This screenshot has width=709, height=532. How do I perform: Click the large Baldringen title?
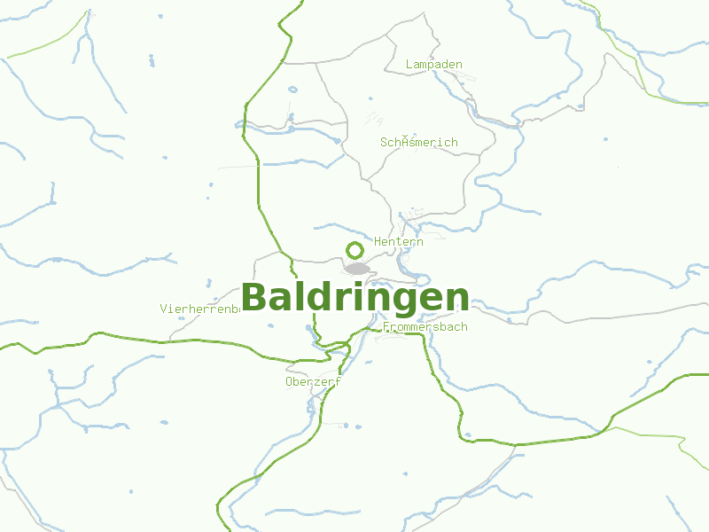(354, 298)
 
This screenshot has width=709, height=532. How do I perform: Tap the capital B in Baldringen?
(254, 298)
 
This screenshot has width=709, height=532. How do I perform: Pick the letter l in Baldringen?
(292, 296)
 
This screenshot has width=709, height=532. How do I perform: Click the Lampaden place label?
(433, 65)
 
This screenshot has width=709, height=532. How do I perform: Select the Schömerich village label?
(418, 142)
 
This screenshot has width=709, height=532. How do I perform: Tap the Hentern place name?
(399, 241)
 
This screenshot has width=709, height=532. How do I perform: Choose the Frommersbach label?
(425, 327)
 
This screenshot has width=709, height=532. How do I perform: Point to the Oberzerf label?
(313, 382)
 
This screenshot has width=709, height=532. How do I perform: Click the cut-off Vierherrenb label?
(201, 309)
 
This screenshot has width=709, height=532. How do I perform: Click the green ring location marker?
(354, 250)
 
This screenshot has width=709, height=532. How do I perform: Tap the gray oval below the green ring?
(357, 268)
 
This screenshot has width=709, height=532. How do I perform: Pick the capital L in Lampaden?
(409, 65)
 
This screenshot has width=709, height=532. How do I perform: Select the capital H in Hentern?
(378, 241)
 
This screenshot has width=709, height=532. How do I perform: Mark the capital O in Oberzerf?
(290, 382)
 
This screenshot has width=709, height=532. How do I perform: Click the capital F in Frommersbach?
(386, 327)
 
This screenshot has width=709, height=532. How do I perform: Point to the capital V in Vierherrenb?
(164, 309)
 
